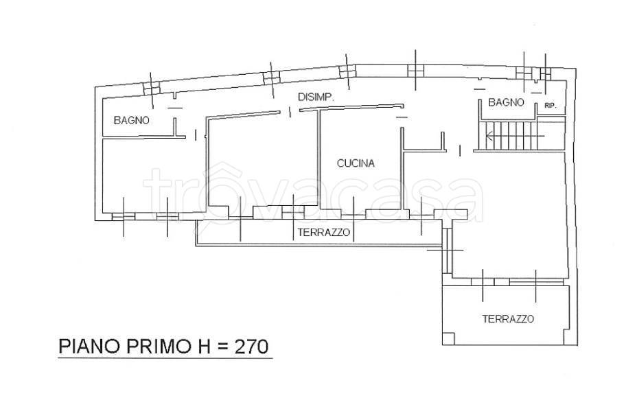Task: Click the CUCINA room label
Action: click(x=356, y=163)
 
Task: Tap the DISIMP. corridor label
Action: click(x=316, y=97)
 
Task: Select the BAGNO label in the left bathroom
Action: click(x=131, y=120)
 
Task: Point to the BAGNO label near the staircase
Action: click(x=506, y=102)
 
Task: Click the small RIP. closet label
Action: click(x=550, y=106)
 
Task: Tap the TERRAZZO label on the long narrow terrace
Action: click(x=324, y=233)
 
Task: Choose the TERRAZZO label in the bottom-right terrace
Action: click(x=508, y=319)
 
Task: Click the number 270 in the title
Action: click(x=251, y=346)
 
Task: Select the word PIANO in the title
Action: click(x=90, y=346)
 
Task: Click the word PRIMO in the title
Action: click(x=159, y=346)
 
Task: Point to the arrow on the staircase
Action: click(x=515, y=136)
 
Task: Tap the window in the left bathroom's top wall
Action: click(x=151, y=88)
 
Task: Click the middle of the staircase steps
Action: click(x=507, y=136)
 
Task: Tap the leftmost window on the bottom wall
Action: click(x=124, y=216)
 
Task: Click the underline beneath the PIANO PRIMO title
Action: click(x=165, y=358)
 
